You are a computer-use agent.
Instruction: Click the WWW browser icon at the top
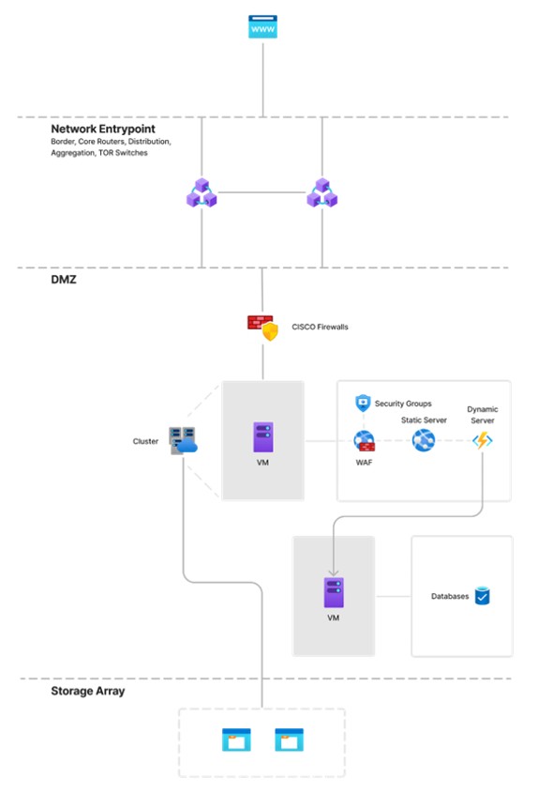(262, 27)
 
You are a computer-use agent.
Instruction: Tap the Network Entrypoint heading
(103, 129)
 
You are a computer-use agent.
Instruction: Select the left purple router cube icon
(202, 192)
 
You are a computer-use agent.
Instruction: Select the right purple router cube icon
(322, 192)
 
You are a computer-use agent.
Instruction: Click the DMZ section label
(64, 280)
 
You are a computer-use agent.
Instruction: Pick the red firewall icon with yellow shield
(263, 328)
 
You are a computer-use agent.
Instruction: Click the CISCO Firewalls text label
(320, 328)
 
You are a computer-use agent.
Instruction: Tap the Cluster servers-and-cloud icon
(183, 440)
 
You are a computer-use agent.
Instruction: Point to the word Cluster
(145, 441)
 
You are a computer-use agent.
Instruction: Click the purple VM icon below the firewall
(263, 437)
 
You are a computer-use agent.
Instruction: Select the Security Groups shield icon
(363, 404)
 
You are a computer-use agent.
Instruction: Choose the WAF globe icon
(365, 440)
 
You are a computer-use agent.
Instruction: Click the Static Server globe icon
(424, 440)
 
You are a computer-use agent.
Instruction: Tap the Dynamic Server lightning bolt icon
(483, 440)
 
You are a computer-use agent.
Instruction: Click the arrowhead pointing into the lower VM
(334, 572)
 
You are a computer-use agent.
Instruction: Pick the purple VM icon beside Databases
(334, 592)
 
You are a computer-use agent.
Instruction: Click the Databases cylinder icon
(483, 596)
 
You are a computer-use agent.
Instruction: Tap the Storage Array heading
(88, 691)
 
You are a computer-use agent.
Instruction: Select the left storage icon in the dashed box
(236, 740)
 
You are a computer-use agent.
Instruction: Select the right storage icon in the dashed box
(289, 740)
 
